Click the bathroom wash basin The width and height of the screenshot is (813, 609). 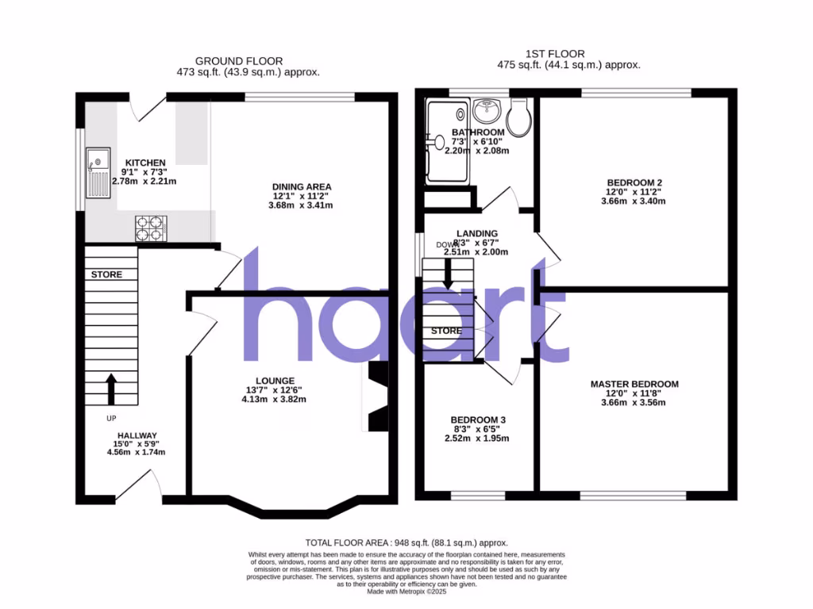point(485,110)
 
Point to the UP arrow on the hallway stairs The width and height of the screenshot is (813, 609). point(110,389)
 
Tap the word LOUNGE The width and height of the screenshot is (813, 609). point(275,381)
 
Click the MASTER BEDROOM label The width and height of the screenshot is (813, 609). point(634,385)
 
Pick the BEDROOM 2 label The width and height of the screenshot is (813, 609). point(634,182)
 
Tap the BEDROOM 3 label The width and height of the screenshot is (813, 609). point(478,420)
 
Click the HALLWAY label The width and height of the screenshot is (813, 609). point(138,435)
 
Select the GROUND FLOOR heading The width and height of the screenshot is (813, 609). point(239,61)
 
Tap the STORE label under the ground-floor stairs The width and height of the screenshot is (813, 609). point(106,275)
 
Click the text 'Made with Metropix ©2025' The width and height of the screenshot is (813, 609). point(406,591)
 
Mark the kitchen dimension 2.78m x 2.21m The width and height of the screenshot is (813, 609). point(144,181)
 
